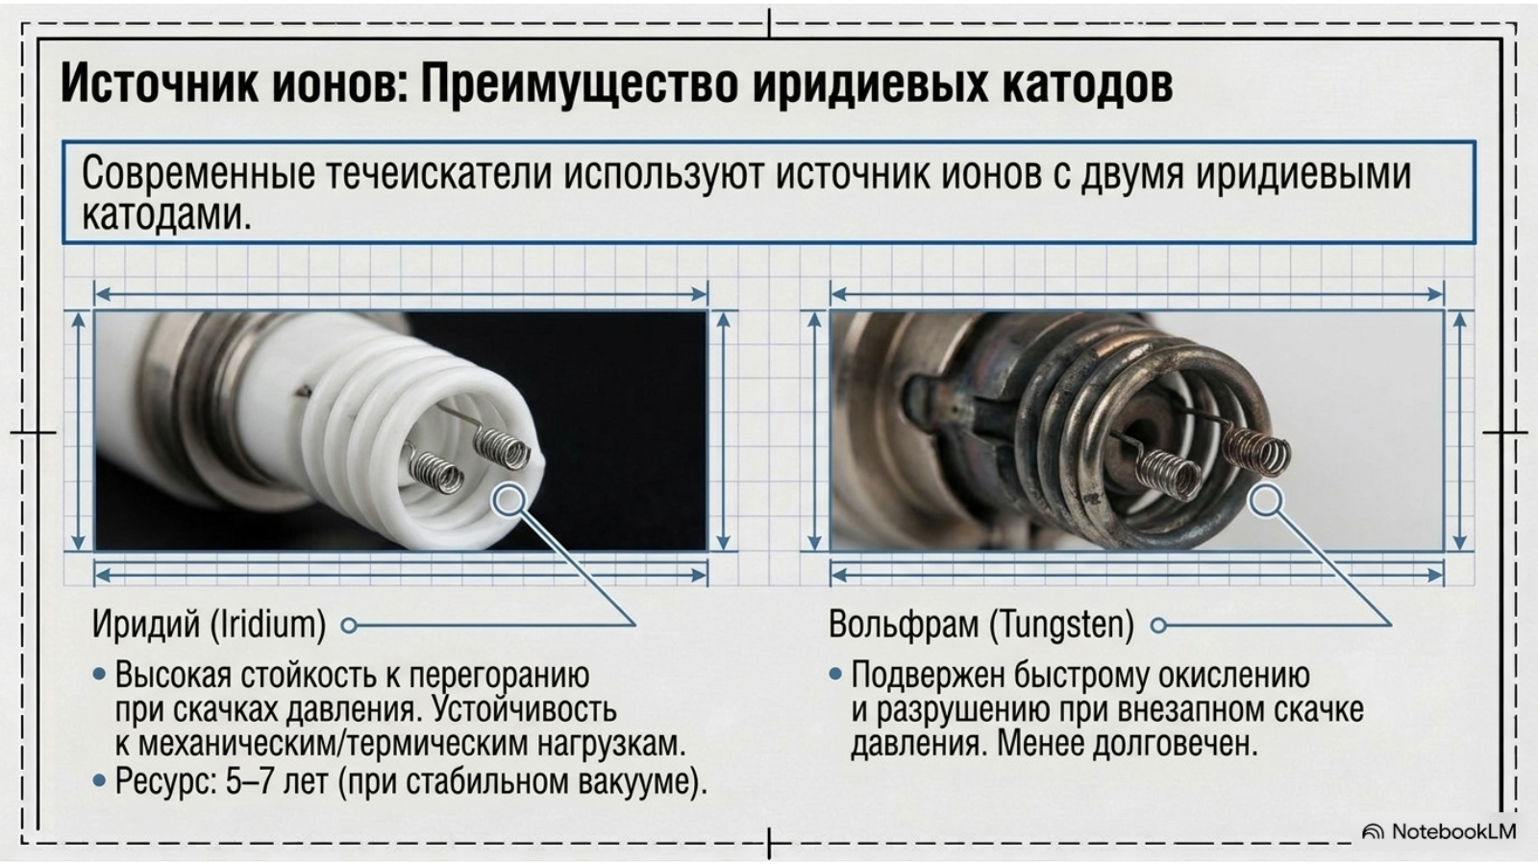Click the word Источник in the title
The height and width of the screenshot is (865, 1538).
pos(160,84)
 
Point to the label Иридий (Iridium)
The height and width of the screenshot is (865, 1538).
pos(210,624)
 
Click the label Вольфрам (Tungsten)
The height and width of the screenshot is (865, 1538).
pos(981,624)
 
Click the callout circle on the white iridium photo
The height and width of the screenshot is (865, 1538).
pos(509,500)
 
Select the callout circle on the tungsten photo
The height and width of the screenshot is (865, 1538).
pos(1265,500)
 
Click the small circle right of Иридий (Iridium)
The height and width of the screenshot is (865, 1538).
pos(349,626)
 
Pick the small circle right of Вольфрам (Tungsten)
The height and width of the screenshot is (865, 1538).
pos(1158,626)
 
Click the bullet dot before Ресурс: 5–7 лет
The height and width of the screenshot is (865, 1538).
pos(100,781)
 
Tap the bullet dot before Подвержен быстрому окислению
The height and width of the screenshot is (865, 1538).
pos(835,675)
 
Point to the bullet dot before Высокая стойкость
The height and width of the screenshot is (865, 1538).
pos(100,675)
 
